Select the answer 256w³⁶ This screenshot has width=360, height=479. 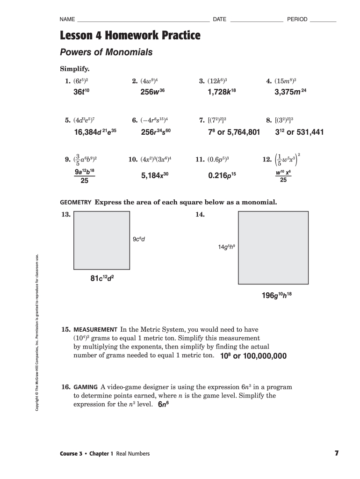[x=153, y=92]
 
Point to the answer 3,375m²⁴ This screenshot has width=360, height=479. [x=290, y=92]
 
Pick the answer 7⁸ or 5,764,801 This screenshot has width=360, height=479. [x=233, y=132]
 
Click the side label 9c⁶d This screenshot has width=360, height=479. [x=139, y=239]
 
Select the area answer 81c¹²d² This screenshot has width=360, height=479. [x=102, y=279]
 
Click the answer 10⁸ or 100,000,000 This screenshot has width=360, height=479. [x=253, y=356]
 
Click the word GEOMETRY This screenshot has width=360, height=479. [x=75, y=203]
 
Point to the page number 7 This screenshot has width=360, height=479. [x=336, y=453]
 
